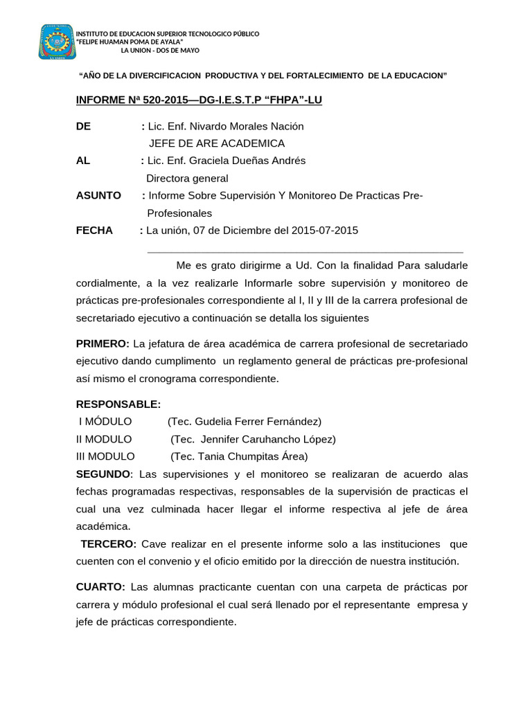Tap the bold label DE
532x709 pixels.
(82, 126)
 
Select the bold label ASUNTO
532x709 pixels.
(98, 195)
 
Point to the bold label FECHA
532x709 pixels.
(94, 230)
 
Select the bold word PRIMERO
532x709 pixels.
(103, 343)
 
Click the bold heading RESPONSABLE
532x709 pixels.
(118, 404)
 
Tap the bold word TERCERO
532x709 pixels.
(109, 544)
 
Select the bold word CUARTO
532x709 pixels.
(100, 587)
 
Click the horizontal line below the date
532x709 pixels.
(305, 253)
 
